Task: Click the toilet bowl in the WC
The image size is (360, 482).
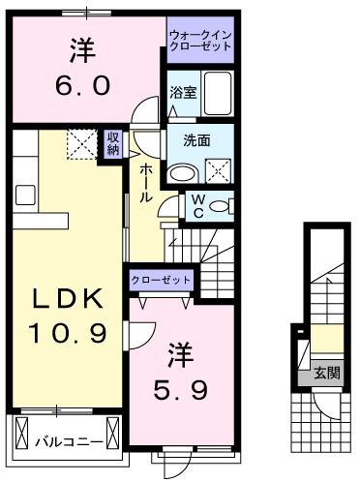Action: coord(220,206)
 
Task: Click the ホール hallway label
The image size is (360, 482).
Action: coord(145,182)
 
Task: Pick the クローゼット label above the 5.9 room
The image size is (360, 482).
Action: coord(162,281)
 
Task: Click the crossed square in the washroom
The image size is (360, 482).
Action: coord(219,171)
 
